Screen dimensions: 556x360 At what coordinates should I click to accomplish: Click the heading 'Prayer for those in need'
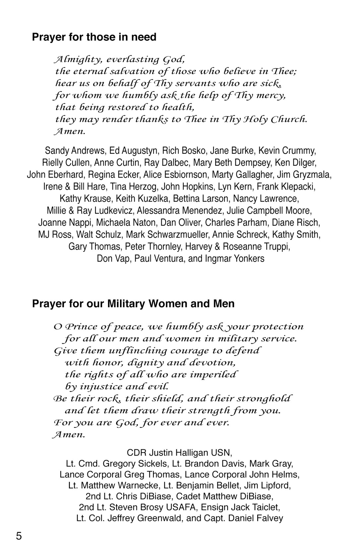[94, 37]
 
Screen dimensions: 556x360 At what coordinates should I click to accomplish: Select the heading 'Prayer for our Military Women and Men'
[133, 304]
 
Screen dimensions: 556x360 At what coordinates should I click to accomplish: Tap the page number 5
[19, 536]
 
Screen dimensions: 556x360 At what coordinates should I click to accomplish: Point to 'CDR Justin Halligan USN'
[179, 453]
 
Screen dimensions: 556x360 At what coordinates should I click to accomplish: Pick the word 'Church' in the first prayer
[289, 119]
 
